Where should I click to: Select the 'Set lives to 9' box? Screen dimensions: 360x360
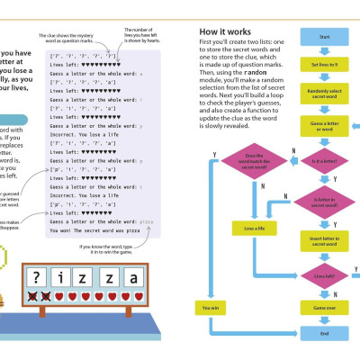pos(325,67)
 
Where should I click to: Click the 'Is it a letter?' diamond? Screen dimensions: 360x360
pos(325,161)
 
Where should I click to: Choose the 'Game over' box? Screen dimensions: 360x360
pos(325,307)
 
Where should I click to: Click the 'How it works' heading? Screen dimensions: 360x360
pos(224,32)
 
